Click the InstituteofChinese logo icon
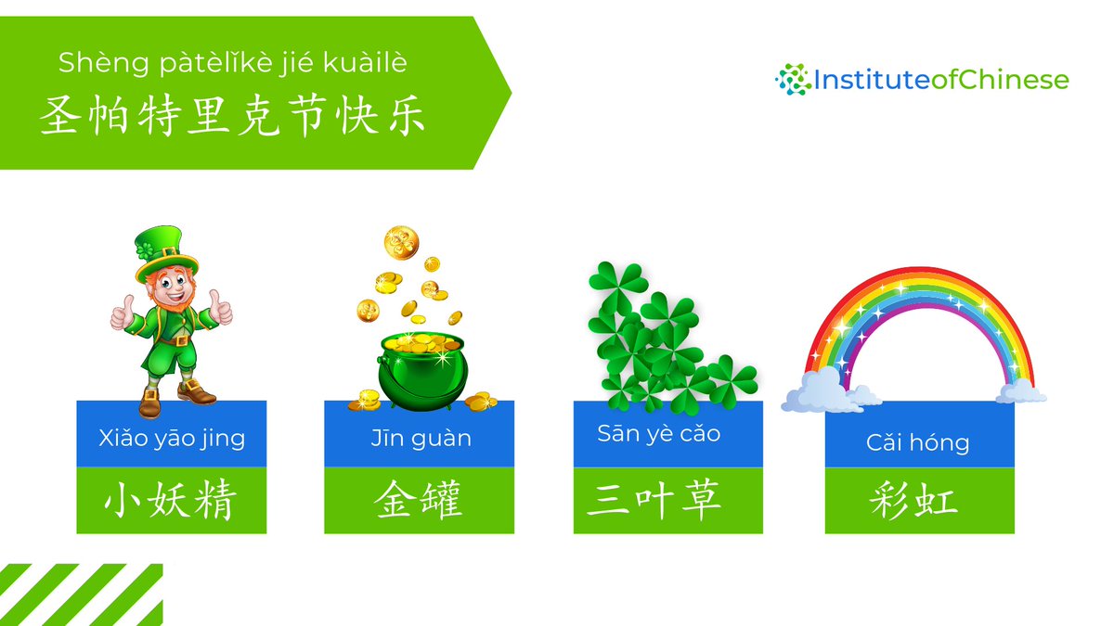[791, 80]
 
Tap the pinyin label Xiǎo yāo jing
[172, 438]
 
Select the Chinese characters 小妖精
[171, 502]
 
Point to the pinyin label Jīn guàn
[419, 438]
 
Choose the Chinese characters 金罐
[419, 502]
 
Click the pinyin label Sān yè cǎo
[658, 434]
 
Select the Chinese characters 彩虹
[913, 502]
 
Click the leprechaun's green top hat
[165, 250]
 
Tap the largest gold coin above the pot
[401, 243]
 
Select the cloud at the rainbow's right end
[1022, 390]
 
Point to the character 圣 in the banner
[58, 118]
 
